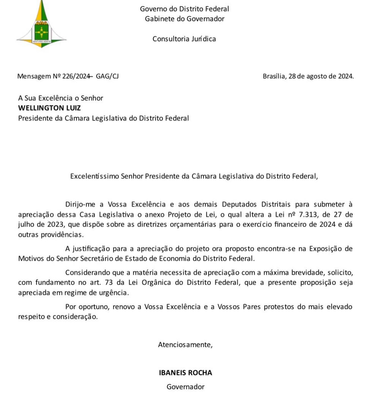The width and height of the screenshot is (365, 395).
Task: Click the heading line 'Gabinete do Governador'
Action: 185,19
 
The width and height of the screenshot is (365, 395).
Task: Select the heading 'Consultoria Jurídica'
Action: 184,39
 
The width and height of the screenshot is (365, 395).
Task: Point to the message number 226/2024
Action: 76,76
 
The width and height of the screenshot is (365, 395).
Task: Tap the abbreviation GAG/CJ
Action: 107,76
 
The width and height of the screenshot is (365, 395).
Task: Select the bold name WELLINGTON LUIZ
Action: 49,108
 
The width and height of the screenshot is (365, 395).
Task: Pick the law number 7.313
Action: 308,215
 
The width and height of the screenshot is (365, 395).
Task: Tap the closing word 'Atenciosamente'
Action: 185,345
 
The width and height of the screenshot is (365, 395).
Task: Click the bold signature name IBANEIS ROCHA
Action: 185,373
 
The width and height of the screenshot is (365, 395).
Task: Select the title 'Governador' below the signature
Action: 185,387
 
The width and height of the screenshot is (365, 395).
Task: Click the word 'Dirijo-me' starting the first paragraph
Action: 80,204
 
